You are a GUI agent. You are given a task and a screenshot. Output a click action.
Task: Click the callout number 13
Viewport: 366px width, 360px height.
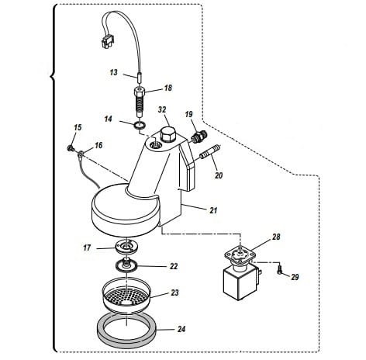(x=113, y=72)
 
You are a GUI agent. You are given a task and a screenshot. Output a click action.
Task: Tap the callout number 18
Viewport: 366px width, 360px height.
(x=168, y=88)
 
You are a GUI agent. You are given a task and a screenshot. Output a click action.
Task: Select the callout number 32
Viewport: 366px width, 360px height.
(x=162, y=109)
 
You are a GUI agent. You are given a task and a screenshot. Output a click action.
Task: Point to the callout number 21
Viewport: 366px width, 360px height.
(x=213, y=210)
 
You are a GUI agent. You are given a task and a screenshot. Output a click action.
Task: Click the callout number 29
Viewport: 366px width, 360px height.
(x=295, y=277)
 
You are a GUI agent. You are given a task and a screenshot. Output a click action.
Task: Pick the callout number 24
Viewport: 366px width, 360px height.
(x=181, y=329)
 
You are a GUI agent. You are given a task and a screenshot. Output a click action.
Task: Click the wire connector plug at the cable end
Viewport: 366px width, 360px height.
(x=106, y=41)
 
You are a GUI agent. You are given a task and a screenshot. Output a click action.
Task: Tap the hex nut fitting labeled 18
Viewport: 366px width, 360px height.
(x=140, y=92)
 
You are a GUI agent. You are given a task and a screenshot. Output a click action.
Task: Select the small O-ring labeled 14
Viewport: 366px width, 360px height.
(x=140, y=126)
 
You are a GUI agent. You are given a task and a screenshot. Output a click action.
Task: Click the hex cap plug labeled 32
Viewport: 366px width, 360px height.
(x=168, y=135)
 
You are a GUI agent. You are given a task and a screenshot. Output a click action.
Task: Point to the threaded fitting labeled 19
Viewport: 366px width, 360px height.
(x=199, y=136)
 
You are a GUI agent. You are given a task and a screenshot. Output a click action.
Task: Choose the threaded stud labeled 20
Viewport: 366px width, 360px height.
(x=210, y=153)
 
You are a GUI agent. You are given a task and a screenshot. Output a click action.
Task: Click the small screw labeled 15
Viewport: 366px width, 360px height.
(x=70, y=148)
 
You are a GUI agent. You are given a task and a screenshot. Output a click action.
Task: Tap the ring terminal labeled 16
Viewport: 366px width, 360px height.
(x=81, y=154)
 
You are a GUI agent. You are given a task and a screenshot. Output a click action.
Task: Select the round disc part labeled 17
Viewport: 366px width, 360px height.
(x=126, y=247)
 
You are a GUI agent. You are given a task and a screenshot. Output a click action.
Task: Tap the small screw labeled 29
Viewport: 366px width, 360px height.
(x=280, y=269)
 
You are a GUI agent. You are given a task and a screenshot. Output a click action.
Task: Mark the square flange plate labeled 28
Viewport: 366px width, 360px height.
(x=240, y=256)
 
